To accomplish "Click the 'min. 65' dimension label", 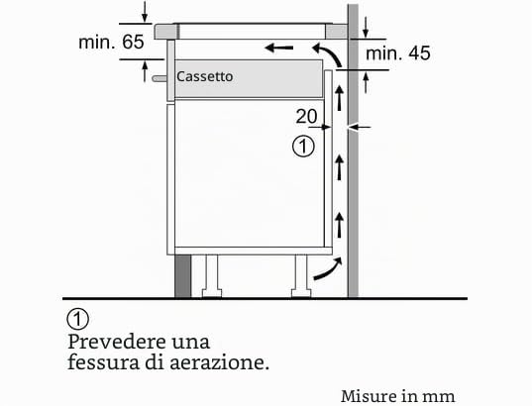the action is (x=111, y=42).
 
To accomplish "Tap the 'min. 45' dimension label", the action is (x=398, y=53).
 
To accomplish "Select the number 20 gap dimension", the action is (x=306, y=116).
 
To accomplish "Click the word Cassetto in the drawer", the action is (x=205, y=76).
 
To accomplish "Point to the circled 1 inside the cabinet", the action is (x=303, y=147).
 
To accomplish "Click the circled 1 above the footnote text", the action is (x=77, y=319).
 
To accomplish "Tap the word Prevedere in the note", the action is (x=116, y=342).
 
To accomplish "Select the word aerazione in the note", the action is (x=219, y=362).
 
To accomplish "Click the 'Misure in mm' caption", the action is (x=398, y=396).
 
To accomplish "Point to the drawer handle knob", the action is (x=159, y=78).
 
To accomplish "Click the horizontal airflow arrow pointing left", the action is (x=279, y=48).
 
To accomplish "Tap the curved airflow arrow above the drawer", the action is (x=327, y=54).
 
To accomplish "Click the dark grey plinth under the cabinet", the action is (x=183, y=276).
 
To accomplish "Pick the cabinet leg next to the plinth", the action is (x=212, y=276).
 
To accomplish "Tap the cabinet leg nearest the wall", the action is (x=301, y=276).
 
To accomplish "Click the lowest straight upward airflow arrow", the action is (x=339, y=225).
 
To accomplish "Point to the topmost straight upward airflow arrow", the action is (x=339, y=98).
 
